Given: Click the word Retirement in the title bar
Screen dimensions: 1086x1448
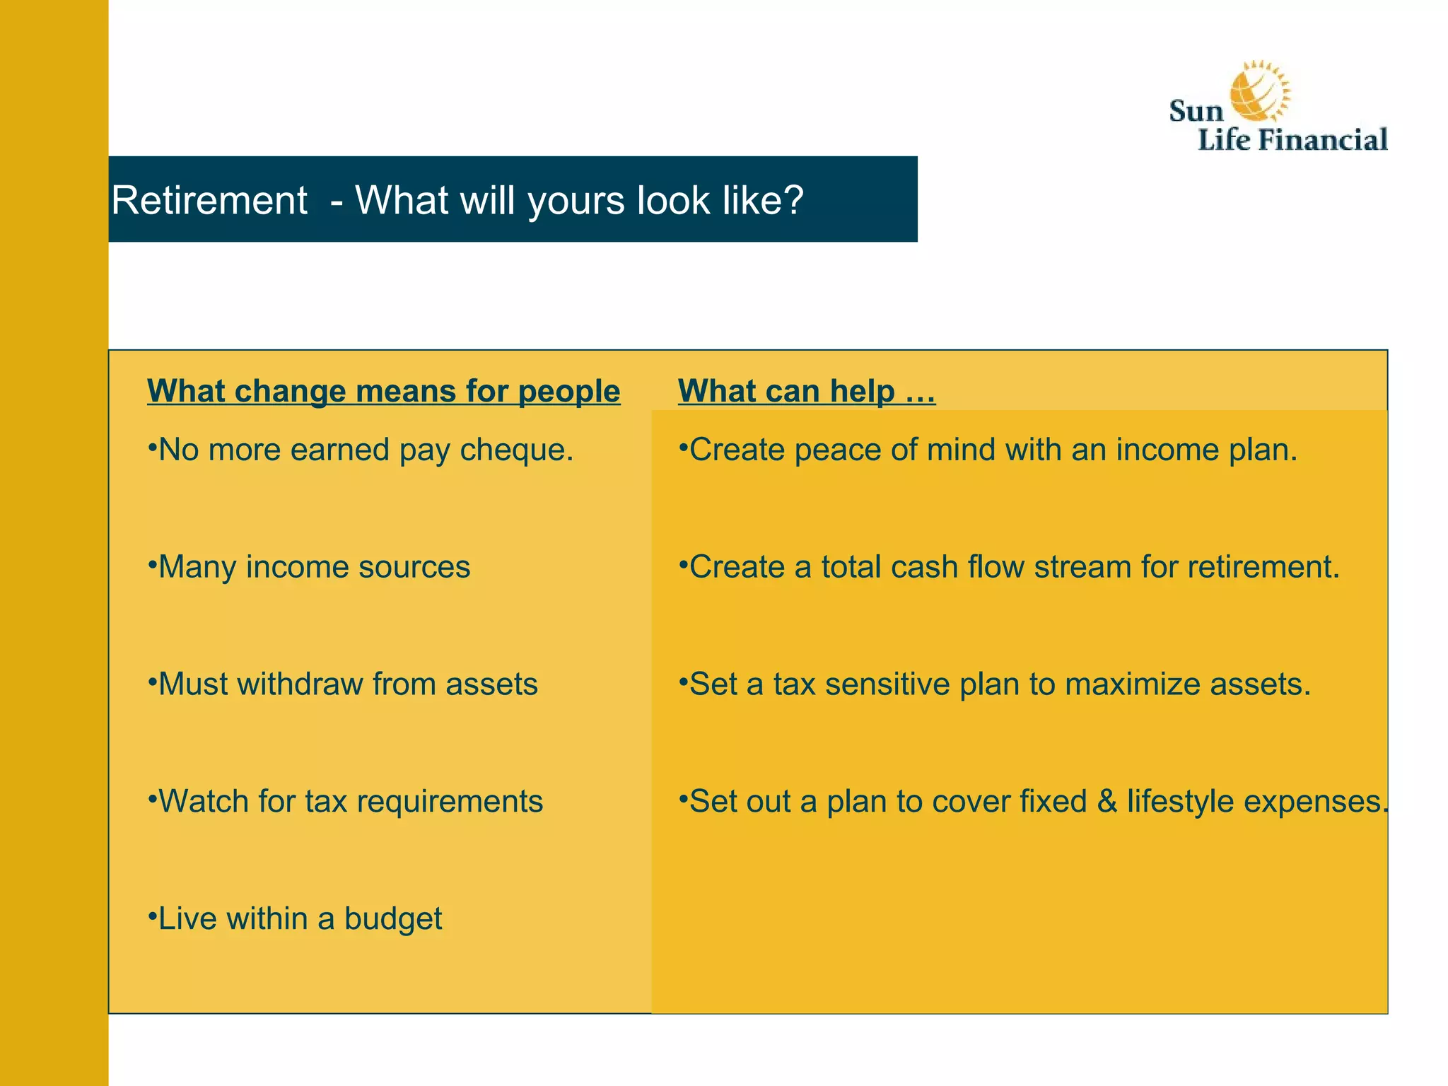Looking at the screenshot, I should tap(209, 200).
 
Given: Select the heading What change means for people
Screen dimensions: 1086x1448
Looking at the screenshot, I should tap(383, 391).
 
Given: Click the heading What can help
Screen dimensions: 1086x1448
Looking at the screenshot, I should tap(806, 391).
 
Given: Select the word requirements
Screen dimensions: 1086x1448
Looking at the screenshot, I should tap(450, 802).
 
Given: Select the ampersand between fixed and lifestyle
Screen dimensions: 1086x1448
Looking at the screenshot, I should tap(1107, 802).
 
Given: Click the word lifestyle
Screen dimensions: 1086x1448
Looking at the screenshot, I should tap(1180, 802).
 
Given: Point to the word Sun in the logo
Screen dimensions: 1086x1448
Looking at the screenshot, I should tap(1196, 112).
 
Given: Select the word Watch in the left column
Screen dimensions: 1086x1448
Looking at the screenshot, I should tap(204, 802).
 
